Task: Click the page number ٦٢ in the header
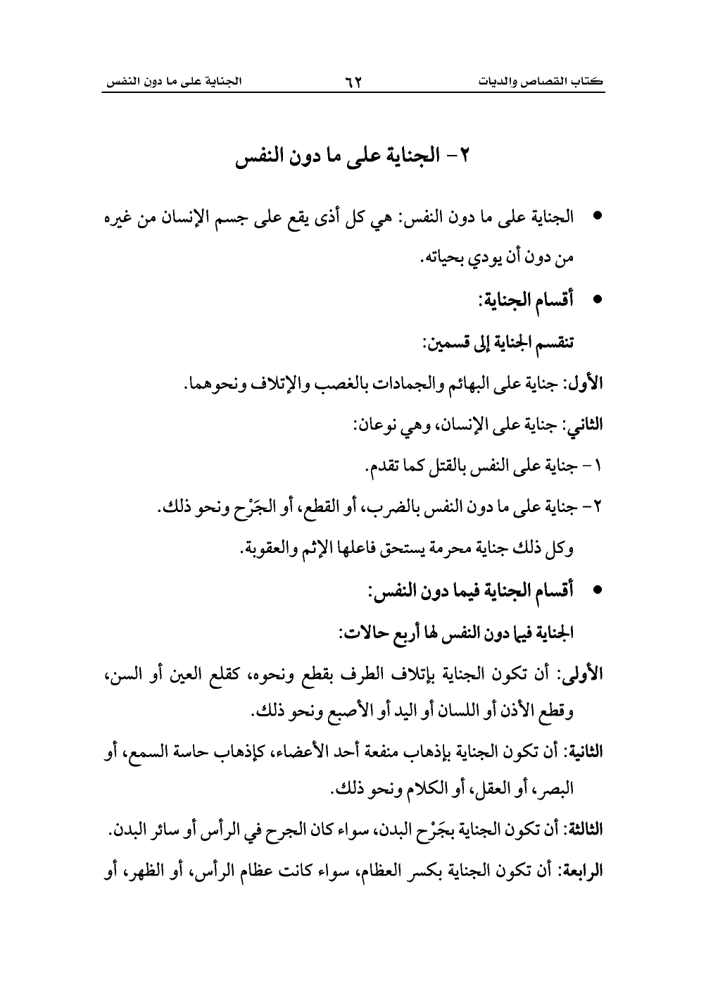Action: [x=353, y=82]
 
